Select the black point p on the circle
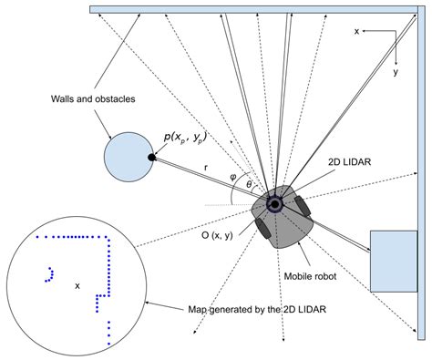152,158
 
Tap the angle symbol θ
250,184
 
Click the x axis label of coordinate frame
357,31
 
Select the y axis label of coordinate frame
394,69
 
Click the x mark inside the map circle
77,285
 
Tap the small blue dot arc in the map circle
47,273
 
